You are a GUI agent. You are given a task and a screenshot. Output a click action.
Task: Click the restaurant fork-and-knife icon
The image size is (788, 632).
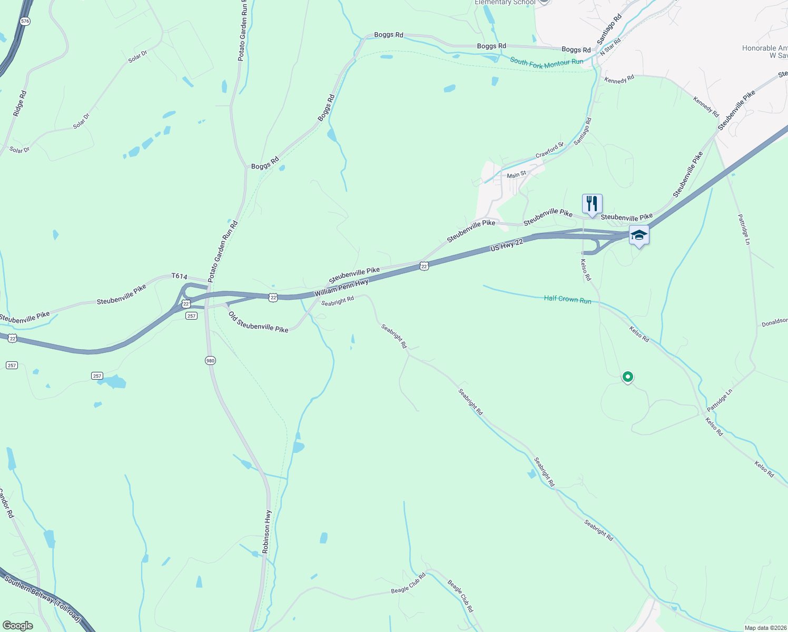pos(592,204)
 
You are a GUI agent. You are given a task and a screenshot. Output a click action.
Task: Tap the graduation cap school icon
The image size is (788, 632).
pos(639,235)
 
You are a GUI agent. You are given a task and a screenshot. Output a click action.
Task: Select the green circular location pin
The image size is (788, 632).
pos(627,377)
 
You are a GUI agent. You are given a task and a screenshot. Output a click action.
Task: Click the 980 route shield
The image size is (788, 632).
pos(210,360)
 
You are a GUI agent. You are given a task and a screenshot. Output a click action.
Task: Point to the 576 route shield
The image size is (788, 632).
pos(25,21)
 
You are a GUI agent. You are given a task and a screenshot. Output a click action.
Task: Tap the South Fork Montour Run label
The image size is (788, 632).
pos(546,62)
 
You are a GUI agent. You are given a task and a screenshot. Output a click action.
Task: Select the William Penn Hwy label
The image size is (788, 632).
pos(341,288)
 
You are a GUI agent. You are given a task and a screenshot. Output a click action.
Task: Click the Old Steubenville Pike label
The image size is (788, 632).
pos(258,322)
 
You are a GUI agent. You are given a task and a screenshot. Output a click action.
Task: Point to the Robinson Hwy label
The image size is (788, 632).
pos(268,531)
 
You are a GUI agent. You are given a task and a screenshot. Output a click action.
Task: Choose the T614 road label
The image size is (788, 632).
pos(179,276)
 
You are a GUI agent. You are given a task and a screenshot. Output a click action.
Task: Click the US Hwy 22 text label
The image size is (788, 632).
pos(506,244)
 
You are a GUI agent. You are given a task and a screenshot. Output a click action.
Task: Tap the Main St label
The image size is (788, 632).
pos(516,174)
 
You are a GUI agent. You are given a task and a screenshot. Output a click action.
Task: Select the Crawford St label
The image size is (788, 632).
pos(549,151)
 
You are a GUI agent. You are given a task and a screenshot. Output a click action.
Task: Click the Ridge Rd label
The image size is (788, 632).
pos(19,104)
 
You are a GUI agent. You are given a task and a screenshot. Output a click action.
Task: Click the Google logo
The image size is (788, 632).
pos(17,626)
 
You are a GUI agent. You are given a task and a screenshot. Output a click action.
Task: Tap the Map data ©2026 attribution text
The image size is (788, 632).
pos(764,628)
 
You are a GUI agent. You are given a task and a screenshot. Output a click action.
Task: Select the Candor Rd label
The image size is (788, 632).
pos(6,503)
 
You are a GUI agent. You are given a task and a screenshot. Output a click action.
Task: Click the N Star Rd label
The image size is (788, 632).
pos(610,47)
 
